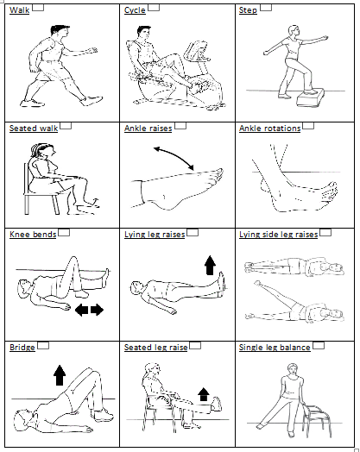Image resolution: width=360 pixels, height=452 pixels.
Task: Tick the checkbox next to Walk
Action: click(38, 8)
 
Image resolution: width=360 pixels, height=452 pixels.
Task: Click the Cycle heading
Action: click(135, 10)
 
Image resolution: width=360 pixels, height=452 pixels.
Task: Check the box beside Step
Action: click(266, 8)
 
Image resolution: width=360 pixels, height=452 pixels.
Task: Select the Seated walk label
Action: click(34, 129)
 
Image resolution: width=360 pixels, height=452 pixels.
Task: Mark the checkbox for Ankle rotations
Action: click(308, 126)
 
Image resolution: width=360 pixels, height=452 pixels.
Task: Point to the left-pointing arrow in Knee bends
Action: click(82, 310)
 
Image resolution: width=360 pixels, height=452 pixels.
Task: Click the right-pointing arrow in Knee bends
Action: click(97, 310)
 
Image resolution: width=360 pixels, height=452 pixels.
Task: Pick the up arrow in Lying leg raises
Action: click(210, 265)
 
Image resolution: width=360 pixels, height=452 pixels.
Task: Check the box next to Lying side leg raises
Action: click(325, 232)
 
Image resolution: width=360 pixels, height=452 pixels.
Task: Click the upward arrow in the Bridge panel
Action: click(60, 375)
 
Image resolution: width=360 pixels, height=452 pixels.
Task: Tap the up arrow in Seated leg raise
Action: click(204, 394)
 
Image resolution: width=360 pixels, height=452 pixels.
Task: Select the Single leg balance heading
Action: click(275, 348)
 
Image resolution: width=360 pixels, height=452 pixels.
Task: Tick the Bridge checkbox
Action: click(43, 345)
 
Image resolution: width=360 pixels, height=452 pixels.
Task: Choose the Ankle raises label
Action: click(148, 129)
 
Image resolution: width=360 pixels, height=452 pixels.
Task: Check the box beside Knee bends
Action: click(64, 232)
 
